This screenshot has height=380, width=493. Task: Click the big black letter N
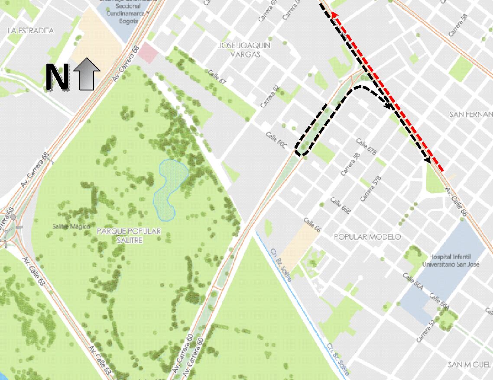[x=57, y=77]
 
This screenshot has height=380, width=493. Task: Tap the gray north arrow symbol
[x=87, y=74]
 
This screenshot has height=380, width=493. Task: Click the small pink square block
[x=148, y=53]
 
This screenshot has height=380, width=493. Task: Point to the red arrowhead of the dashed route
[x=334, y=16]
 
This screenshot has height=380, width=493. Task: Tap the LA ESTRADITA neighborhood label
[x=31, y=31]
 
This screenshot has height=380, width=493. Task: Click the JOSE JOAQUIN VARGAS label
[x=245, y=50]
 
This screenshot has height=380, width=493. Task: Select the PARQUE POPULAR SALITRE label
[x=130, y=235]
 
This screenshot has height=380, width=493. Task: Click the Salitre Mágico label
[x=71, y=226]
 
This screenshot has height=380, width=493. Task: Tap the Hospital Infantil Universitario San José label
[x=451, y=260]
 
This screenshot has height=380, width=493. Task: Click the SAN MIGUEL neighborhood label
[x=470, y=364]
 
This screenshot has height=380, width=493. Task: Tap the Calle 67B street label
[x=367, y=147]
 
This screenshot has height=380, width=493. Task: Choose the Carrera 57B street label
[x=371, y=189]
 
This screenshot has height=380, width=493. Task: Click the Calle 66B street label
[x=340, y=205]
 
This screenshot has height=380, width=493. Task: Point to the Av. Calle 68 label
[x=457, y=203]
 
